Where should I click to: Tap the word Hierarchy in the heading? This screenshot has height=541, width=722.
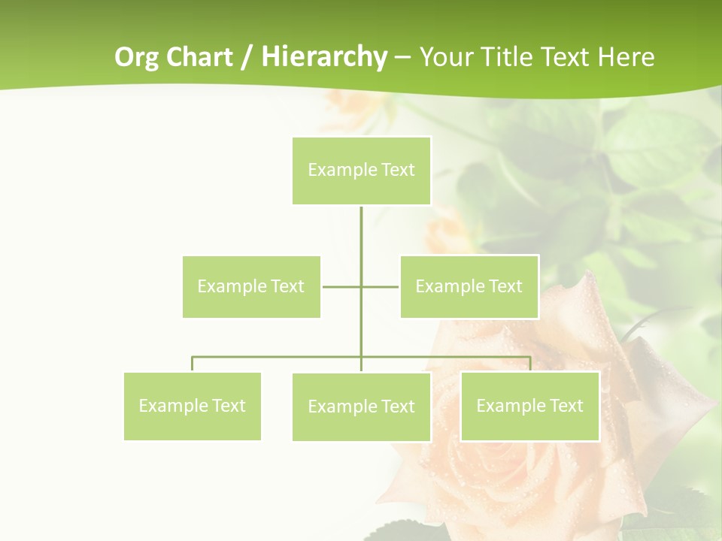pos(324,57)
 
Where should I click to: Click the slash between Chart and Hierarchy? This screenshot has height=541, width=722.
pos(247,58)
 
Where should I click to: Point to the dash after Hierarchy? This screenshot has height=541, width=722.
pos(403,58)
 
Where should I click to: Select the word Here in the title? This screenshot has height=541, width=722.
pos(625,57)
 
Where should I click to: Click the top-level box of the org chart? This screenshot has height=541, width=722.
pos(361,171)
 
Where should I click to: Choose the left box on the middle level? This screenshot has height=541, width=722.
pos(251,286)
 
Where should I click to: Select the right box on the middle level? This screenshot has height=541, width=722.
pos(469,286)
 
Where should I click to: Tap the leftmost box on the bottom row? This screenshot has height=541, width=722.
pos(192,406)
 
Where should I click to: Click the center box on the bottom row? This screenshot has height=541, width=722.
pos(361,407)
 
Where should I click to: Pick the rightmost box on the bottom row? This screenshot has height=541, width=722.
pos(529,406)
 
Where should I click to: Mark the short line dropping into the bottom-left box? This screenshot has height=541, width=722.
pos(192,364)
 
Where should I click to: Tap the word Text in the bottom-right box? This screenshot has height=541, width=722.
pos(566,406)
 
